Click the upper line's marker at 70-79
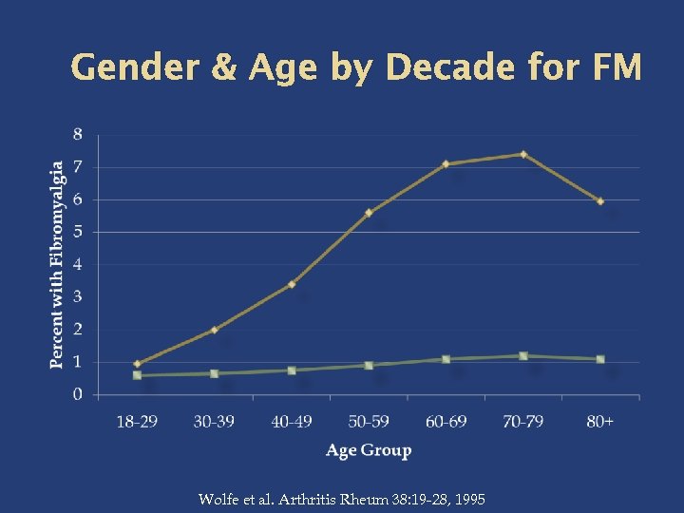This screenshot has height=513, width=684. pos(523,154)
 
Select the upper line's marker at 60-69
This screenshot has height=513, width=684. pos(446,164)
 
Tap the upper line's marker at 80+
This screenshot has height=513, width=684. pos(600,201)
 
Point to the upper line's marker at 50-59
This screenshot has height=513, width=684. pos(369,213)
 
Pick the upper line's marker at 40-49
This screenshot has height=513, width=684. pos(292,284)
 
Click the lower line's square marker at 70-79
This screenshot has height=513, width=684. pos(523,356)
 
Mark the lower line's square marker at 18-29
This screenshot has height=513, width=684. pos(137,375)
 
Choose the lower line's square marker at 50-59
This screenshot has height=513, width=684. pos(369,365)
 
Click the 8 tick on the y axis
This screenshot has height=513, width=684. pos(78,134)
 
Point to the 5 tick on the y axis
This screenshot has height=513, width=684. pos(78,232)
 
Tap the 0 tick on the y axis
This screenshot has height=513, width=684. pos(78,393)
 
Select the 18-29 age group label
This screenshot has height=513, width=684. pos(137,421)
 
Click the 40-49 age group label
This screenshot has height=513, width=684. pos(292,421)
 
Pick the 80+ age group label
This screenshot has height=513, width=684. pos(600,421)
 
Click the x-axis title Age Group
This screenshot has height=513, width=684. pos(369,450)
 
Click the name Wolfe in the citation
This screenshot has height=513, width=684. pos(219,499)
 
